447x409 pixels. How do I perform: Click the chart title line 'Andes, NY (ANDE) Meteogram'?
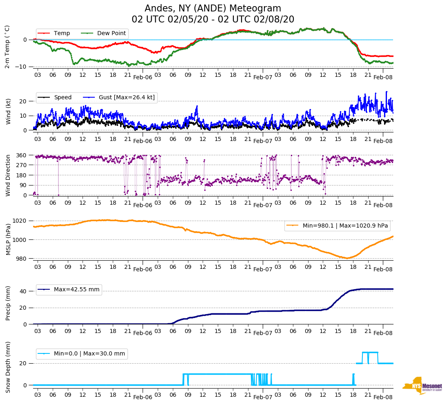(213, 9)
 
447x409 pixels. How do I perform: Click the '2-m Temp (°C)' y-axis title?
(7, 47)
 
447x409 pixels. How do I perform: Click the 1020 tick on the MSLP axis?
(20, 221)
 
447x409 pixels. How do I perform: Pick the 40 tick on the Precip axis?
(24, 291)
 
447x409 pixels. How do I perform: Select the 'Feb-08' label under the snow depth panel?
(383, 397)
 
